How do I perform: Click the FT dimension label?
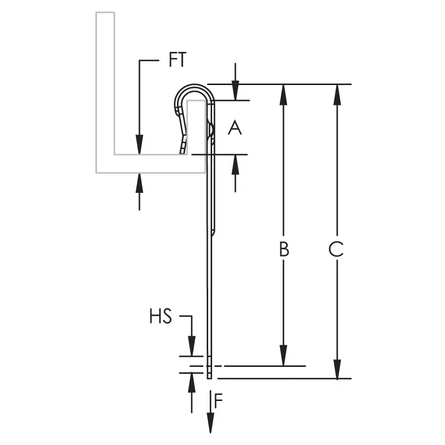point(178,60)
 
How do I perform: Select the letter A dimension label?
point(235,128)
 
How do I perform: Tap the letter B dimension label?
point(284,249)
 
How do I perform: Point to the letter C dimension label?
point(336,249)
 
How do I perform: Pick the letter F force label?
point(219,400)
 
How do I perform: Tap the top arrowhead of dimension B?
point(283,94)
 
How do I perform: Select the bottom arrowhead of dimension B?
point(283,356)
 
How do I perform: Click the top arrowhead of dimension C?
point(337,94)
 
